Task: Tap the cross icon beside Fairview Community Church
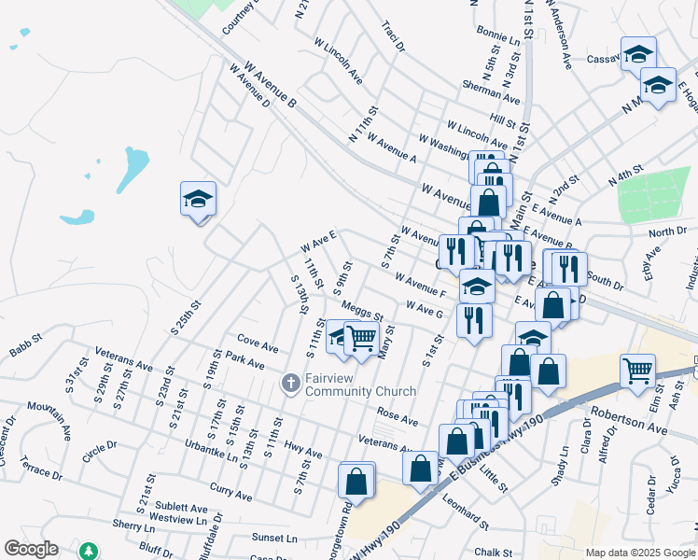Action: click(x=290, y=384)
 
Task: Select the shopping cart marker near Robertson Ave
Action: click(x=638, y=371)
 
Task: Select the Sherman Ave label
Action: click(x=491, y=91)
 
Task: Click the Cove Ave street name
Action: click(x=258, y=343)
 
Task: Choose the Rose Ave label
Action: click(x=398, y=414)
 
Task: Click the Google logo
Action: click(x=31, y=549)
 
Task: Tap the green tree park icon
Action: click(x=88, y=551)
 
